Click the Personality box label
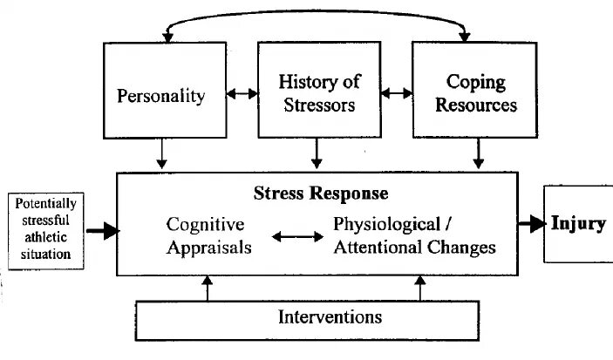click(x=160, y=95)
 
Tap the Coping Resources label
click(x=476, y=94)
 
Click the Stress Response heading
click(x=321, y=193)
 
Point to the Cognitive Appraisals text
click(x=209, y=235)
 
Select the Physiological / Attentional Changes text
click(x=414, y=235)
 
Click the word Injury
click(x=578, y=223)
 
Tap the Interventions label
click(x=330, y=316)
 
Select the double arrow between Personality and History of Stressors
click(x=242, y=93)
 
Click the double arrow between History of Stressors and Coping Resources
click(x=397, y=93)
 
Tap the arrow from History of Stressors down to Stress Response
click(x=317, y=153)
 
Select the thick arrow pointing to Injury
click(x=531, y=224)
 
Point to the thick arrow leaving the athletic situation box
click(x=103, y=231)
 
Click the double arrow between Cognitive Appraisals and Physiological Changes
click(x=293, y=235)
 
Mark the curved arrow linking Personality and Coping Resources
click(x=314, y=15)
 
